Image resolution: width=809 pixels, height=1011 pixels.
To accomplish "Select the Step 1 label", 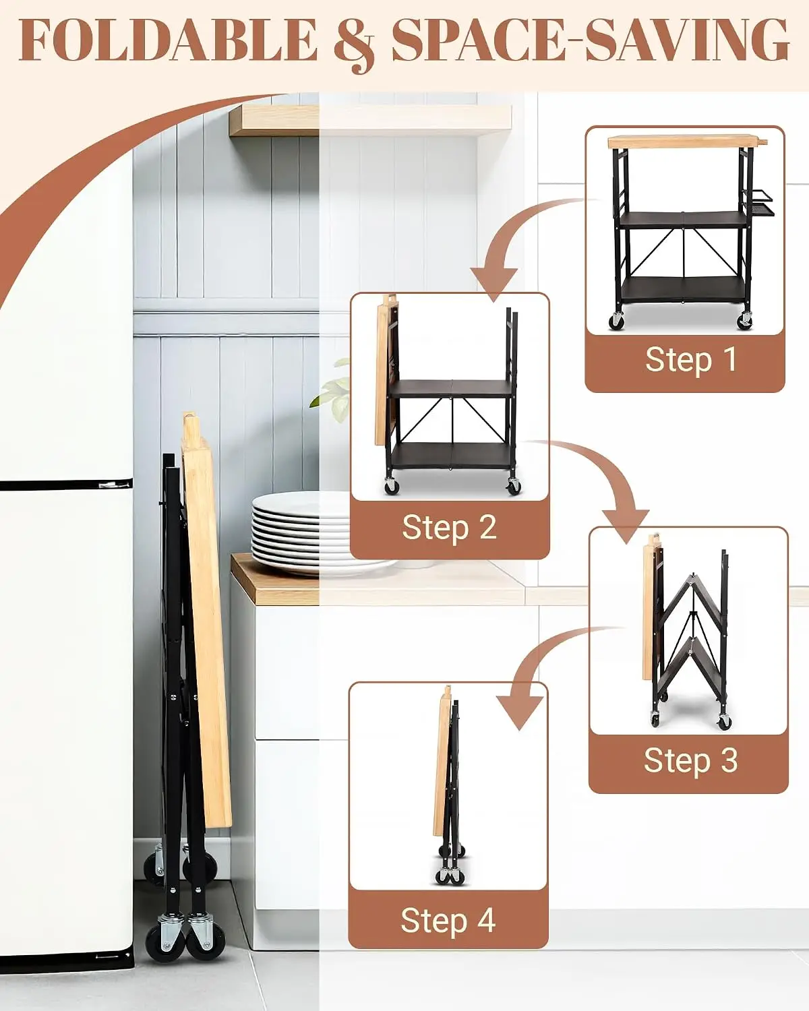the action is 690,361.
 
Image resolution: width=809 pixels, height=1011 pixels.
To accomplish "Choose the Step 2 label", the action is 450,527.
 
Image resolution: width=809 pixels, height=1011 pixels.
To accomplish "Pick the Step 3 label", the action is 690,760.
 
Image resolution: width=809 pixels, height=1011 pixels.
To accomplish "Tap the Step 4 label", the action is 448,919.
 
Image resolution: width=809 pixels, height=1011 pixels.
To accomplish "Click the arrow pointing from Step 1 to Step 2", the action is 512,235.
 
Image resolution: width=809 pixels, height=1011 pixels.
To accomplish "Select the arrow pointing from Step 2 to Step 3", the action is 606,470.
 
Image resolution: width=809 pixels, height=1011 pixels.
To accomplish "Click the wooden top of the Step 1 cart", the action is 687,142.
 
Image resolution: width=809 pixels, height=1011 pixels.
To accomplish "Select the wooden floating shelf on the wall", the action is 369,120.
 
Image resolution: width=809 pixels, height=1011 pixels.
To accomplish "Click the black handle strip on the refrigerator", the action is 66,485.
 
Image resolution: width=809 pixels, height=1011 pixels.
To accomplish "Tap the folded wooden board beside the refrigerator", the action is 207,620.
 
